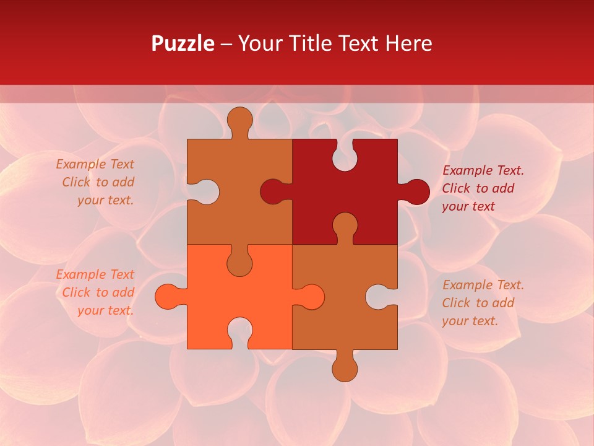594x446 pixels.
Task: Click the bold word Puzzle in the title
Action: click(183, 43)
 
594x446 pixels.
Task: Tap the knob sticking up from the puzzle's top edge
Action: click(239, 120)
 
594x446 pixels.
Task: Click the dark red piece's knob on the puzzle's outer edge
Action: click(416, 191)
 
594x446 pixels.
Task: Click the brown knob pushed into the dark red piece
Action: click(345, 225)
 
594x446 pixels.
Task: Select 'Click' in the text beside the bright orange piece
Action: click(77, 292)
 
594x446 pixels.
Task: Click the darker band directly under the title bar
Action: click(297, 94)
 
